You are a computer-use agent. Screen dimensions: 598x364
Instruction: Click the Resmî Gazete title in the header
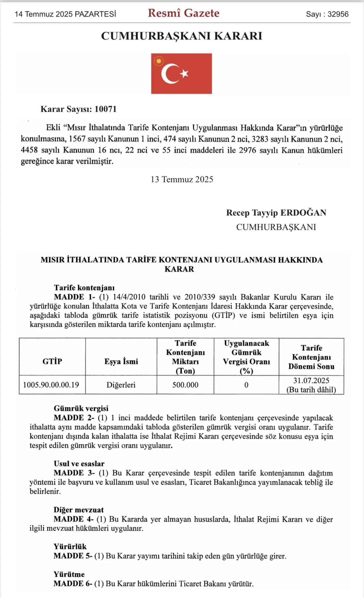183,13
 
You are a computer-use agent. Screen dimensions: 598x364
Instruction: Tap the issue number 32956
338,14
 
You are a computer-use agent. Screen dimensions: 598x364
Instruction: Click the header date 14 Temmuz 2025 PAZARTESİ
65,14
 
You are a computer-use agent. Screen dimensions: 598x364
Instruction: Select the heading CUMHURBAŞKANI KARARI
182,36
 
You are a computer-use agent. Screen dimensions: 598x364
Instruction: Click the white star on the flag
185,73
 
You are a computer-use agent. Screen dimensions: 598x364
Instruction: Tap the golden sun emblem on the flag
159,61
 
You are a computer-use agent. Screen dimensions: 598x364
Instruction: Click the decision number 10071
106,109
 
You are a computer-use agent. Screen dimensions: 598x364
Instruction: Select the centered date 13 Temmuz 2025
182,179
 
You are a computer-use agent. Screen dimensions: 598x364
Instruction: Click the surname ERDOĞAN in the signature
303,213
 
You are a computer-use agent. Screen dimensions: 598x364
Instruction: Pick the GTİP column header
52,361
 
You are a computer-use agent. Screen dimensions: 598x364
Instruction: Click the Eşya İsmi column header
121,361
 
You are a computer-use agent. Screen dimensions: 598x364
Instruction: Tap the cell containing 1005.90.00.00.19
51,385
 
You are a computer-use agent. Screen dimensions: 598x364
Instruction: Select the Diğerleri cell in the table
121,385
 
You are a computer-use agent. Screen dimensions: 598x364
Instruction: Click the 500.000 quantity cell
185,385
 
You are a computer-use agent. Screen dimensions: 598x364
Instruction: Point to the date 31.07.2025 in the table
311,381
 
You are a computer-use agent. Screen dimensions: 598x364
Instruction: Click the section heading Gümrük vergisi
81,408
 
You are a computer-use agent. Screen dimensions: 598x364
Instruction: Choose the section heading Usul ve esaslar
79,464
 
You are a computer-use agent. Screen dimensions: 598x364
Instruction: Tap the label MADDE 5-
73,556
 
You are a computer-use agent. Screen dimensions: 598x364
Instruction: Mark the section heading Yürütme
69,574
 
